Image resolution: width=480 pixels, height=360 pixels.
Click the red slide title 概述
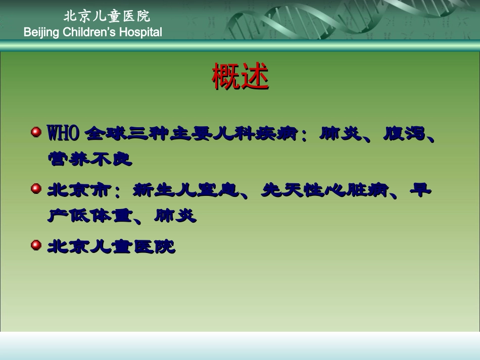point(240,77)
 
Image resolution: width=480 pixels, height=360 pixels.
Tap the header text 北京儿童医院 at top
point(107,16)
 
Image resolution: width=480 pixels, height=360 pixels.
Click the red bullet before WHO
point(36,132)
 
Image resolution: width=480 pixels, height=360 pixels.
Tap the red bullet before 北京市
point(36,189)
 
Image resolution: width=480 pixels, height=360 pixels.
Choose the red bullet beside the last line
point(36,245)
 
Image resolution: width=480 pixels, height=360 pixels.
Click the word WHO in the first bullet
point(63,134)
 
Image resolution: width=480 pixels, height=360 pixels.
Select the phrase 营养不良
point(89,160)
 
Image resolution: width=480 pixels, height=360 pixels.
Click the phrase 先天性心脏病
point(324,191)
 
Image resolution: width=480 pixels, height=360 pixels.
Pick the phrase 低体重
point(102,217)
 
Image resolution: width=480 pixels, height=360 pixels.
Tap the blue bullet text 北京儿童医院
point(111,247)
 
